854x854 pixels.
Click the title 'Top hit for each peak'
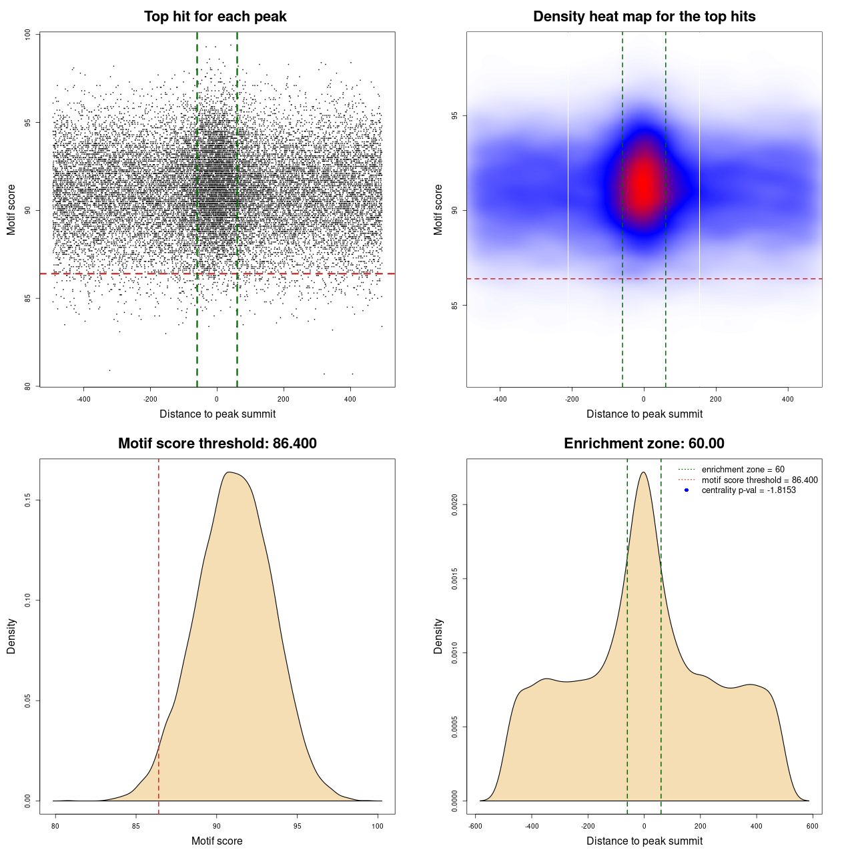216,17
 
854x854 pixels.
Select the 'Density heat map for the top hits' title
644,17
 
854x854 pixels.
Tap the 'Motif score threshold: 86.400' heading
217,444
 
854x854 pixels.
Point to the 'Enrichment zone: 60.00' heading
644,444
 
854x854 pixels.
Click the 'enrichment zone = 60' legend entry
743,470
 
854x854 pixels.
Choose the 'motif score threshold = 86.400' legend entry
759,480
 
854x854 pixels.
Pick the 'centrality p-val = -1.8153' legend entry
749,490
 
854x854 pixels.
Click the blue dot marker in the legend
687,490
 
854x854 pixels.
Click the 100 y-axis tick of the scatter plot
27,35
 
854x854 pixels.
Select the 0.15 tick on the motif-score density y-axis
27,500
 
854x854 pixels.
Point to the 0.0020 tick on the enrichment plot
454,505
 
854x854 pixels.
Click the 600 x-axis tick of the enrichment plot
812,826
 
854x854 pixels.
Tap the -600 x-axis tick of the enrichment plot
475,826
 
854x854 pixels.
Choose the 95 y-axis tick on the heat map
454,115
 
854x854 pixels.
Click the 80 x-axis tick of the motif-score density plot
55,826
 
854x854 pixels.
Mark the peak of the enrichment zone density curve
643,472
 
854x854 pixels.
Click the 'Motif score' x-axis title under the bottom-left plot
217,841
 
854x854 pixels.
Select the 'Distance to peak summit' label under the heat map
644,414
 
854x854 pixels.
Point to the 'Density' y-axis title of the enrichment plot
438,636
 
